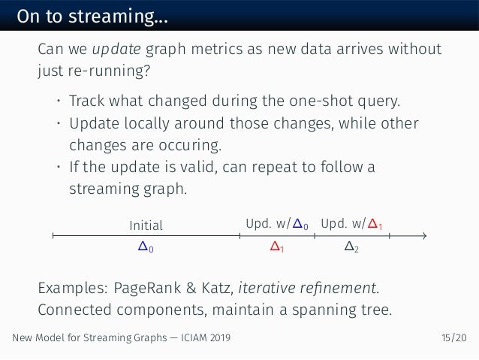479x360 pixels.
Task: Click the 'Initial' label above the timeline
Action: [x=146, y=224]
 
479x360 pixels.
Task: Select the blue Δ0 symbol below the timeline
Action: [x=146, y=246]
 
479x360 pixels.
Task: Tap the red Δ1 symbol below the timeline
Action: [x=276, y=246]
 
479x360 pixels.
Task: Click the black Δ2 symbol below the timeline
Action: [x=351, y=246]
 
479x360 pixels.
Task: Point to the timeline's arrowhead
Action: [x=424, y=236]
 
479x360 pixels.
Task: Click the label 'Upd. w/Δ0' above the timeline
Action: [x=276, y=223]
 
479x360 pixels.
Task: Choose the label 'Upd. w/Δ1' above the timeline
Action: [x=351, y=223]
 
